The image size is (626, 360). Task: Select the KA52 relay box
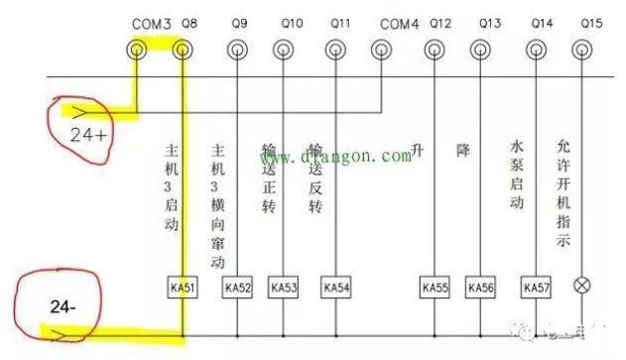click(238, 289)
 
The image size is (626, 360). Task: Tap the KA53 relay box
click(284, 289)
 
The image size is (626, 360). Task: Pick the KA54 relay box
click(336, 289)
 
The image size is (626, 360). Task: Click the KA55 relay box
click(434, 289)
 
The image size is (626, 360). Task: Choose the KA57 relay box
click(537, 289)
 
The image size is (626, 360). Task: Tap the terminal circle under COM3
click(137, 50)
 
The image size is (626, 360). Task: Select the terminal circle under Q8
click(183, 50)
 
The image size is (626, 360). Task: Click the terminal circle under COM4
click(381, 50)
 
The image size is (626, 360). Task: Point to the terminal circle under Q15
click(585, 50)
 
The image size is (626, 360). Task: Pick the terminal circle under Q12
click(434, 50)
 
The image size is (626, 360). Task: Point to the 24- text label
click(63, 308)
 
